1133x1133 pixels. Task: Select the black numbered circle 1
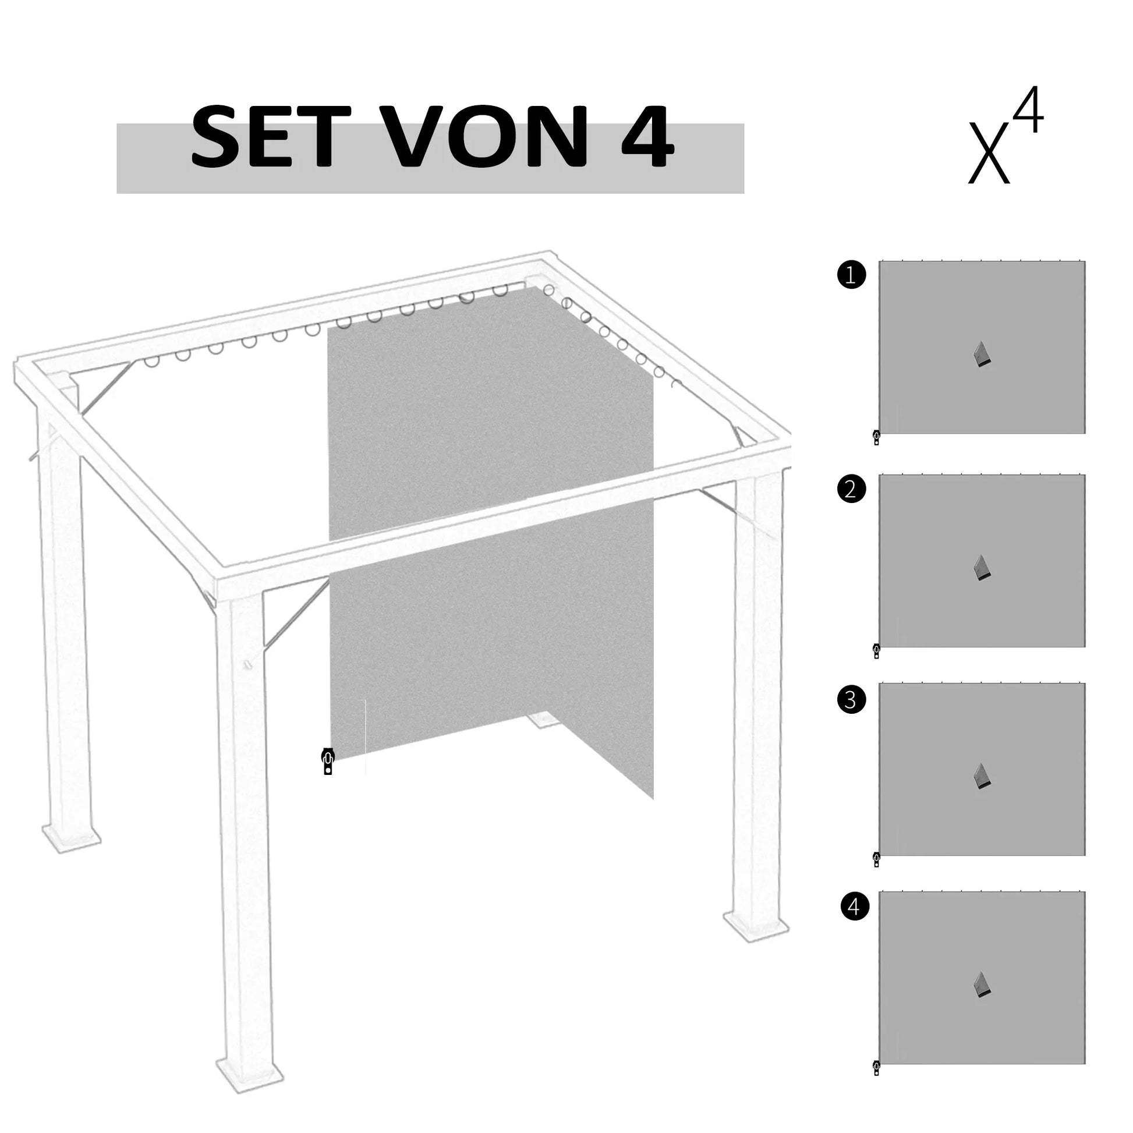[x=852, y=275]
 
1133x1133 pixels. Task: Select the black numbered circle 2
[x=852, y=488]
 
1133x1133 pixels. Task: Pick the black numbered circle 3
[x=852, y=699]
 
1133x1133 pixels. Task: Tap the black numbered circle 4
[x=855, y=907]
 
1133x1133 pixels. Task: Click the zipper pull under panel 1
[x=877, y=437]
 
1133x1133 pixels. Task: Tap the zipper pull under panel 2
[x=877, y=651]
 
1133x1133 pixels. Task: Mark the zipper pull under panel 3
[x=877, y=860]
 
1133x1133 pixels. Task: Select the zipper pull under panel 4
[x=877, y=1068]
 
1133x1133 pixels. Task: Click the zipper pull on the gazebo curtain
[x=328, y=761]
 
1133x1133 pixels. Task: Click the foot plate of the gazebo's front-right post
[x=756, y=927]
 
